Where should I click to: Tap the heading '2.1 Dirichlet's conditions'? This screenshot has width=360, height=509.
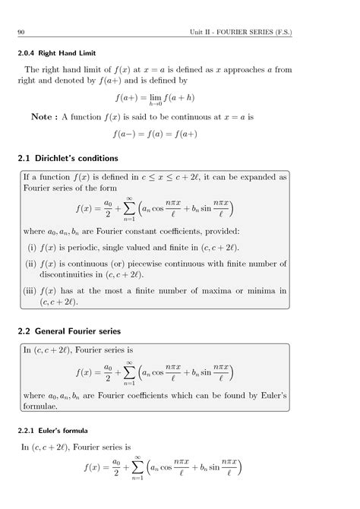tap(68, 158)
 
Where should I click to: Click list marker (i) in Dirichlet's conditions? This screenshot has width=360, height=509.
tap(32, 247)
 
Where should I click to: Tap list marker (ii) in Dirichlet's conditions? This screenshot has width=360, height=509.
tap(32, 263)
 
